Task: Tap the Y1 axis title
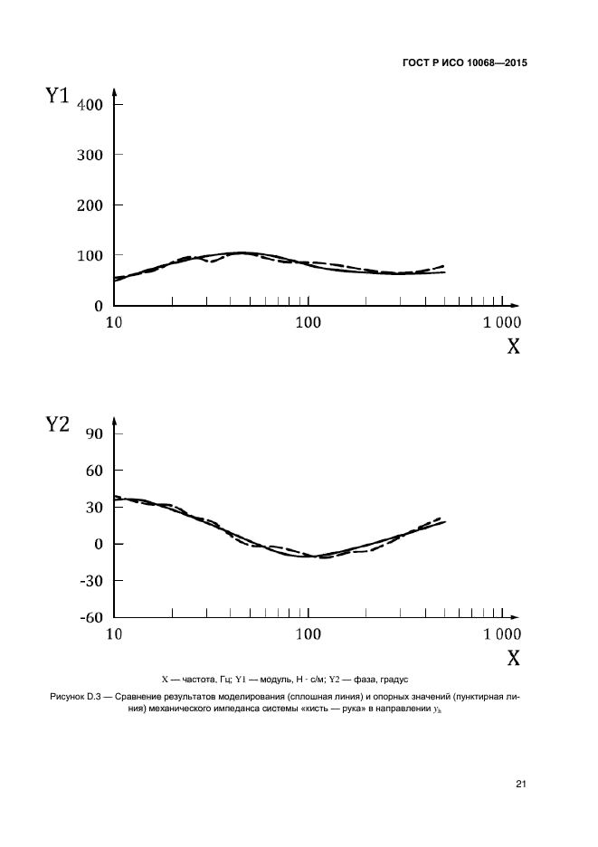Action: click(58, 95)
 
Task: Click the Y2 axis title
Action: click(58, 423)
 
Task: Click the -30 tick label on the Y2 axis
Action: click(92, 581)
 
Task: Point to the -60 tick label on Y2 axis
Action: click(92, 618)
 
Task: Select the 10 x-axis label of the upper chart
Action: click(115, 322)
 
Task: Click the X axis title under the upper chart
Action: click(513, 346)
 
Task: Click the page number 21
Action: click(520, 784)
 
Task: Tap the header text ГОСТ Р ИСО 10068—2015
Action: click(463, 64)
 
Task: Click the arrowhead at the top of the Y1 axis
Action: click(115, 92)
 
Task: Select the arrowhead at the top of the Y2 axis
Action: click(115, 421)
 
